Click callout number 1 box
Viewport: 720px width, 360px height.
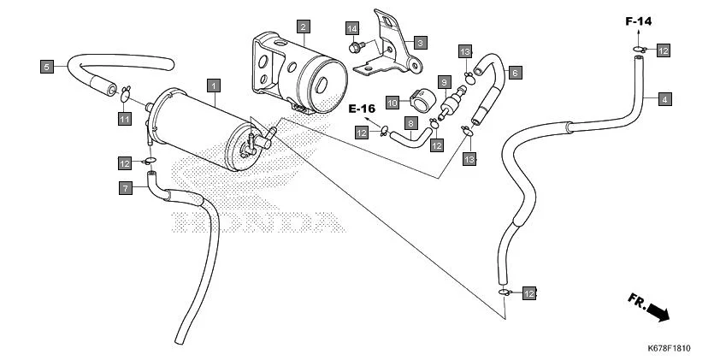pyautogui.click(x=214, y=85)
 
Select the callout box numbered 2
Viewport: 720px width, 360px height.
pyautogui.click(x=303, y=27)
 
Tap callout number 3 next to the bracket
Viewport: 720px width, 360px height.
pyautogui.click(x=420, y=41)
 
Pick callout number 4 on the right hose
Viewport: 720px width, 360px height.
pyautogui.click(x=664, y=99)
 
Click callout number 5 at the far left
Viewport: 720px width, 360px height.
pyautogui.click(x=48, y=65)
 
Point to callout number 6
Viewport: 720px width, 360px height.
pyautogui.click(x=515, y=74)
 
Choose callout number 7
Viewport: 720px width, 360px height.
pyautogui.click(x=125, y=187)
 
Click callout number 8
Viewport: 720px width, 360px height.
pyautogui.click(x=410, y=124)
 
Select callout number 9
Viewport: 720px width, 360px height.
pyautogui.click(x=445, y=81)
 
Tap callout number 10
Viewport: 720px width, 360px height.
pyautogui.click(x=392, y=103)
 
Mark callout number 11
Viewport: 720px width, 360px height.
pyautogui.click(x=124, y=118)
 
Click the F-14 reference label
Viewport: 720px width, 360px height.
pyautogui.click(x=638, y=20)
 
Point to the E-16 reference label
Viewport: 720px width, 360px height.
pyautogui.click(x=363, y=109)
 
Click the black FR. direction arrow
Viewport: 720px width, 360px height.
pyautogui.click(x=658, y=313)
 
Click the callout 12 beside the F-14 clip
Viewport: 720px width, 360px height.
pyautogui.click(x=664, y=51)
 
